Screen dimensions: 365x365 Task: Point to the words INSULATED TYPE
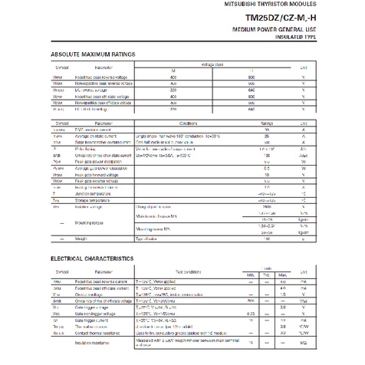291,35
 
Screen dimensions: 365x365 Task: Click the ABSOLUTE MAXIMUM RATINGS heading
93,54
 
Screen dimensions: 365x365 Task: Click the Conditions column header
189,123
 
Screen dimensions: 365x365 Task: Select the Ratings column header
267,123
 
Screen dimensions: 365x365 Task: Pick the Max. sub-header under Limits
283,275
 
